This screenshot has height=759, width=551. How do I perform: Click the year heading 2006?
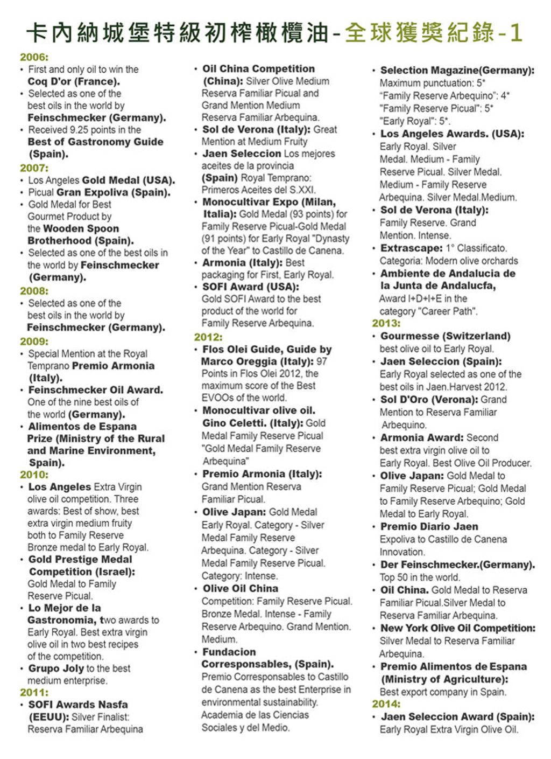[x=34, y=57]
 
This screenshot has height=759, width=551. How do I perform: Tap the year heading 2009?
[x=34, y=341]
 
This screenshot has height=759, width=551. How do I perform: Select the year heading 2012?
[x=208, y=337]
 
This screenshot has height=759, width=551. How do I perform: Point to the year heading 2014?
[x=386, y=704]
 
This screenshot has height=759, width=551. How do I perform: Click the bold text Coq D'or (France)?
[x=74, y=81]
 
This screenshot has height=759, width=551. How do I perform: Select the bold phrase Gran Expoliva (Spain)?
[x=113, y=192]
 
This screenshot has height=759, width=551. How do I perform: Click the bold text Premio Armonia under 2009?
[x=113, y=366]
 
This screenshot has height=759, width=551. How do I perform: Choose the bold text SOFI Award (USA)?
[x=250, y=287]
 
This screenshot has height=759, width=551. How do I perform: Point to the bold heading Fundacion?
[x=229, y=652]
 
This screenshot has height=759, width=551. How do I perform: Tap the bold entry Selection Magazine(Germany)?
[x=457, y=70]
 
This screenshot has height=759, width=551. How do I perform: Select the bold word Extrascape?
[x=411, y=248]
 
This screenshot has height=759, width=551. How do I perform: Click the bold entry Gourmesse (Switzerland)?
[x=446, y=336]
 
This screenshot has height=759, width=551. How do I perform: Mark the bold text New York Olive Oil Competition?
[x=458, y=628]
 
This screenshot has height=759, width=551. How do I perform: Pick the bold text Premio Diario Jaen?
[x=429, y=527]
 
